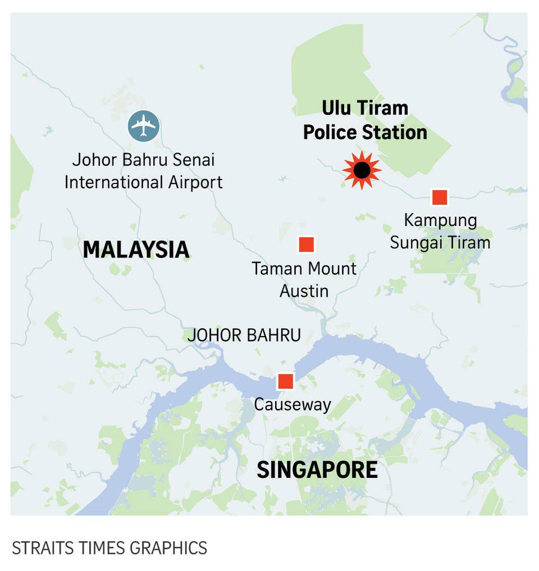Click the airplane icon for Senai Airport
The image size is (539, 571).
[144, 126]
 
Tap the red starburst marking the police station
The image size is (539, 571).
[362, 170]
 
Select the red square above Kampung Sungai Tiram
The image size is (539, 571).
[440, 197]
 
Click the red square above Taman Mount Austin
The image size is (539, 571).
[306, 244]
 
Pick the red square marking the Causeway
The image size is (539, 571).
[286, 381]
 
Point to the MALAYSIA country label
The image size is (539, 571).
[136, 250]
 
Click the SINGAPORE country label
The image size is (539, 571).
[317, 470]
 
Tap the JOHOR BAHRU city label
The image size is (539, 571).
[244, 335]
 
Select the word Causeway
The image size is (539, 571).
[292, 405]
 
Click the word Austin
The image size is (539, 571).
[304, 291]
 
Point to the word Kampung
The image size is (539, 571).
[441, 221]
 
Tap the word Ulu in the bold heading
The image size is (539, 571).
[336, 108]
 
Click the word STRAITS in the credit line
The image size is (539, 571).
[42, 548]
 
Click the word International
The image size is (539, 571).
[113, 182]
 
